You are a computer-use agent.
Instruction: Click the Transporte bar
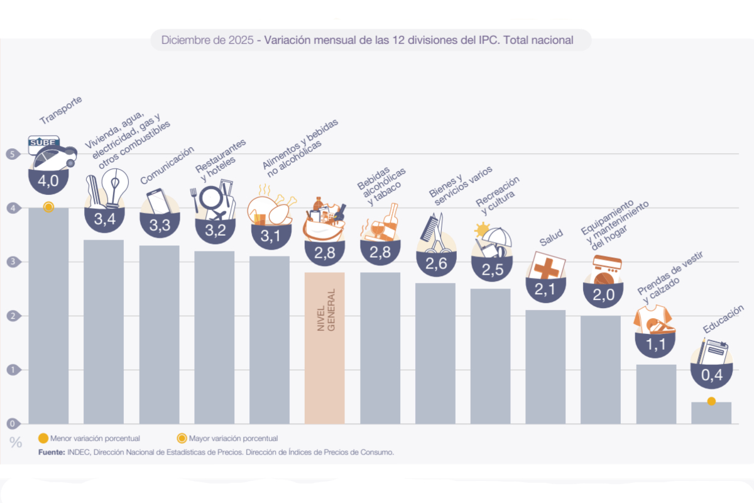click(x=48, y=314)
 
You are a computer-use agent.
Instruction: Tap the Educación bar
click(x=711, y=413)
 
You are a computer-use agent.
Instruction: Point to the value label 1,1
click(x=656, y=344)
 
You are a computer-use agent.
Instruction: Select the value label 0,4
click(x=711, y=375)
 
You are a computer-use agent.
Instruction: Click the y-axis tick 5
click(x=11, y=154)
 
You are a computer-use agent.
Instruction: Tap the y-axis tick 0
click(x=11, y=423)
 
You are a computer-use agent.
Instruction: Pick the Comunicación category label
click(x=167, y=165)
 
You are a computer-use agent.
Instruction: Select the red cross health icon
click(x=546, y=267)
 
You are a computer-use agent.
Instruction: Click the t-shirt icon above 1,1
click(x=647, y=318)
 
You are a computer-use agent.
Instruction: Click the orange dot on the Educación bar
click(x=711, y=401)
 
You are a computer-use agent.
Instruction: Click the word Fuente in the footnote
click(x=51, y=452)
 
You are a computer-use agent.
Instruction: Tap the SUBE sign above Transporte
click(x=44, y=143)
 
